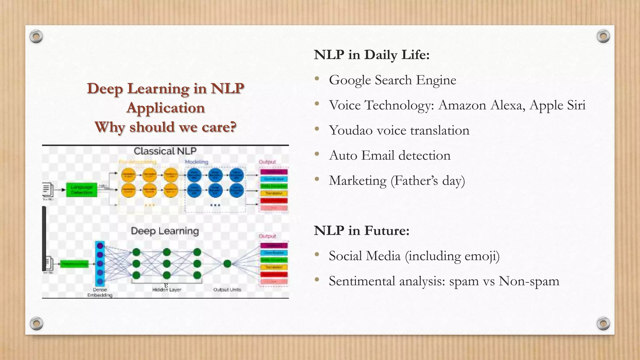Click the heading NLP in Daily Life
coord(372,55)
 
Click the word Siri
coord(576,105)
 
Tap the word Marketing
coord(357,181)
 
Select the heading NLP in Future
coord(362,231)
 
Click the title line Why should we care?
coord(165,127)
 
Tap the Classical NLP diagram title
coord(165,151)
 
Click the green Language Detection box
coord(82,190)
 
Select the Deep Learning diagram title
coord(165,231)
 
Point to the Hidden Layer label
coord(167,290)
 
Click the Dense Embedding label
coord(100,292)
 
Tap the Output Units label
coord(227,290)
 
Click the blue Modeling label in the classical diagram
coord(196,162)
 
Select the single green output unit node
coord(227,264)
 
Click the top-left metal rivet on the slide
coord(36,37)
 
